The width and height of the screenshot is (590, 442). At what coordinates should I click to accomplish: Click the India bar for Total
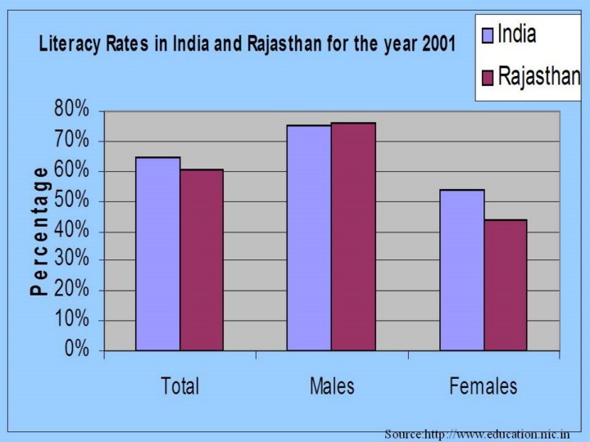(x=157, y=254)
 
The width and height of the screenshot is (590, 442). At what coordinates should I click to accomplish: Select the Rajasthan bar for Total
(x=202, y=260)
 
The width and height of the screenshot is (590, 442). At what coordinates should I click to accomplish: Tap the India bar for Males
(x=309, y=238)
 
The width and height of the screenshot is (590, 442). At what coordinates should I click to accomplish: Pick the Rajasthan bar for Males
(x=353, y=237)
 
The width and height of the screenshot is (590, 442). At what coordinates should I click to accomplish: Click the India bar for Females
(x=462, y=270)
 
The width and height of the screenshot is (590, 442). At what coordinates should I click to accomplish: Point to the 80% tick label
(x=71, y=110)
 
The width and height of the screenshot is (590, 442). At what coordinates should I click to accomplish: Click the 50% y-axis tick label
(x=71, y=201)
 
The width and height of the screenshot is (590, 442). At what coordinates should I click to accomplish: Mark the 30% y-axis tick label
(x=71, y=260)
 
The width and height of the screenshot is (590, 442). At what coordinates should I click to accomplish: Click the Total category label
(x=180, y=386)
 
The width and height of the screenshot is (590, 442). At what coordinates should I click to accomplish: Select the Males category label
(x=332, y=386)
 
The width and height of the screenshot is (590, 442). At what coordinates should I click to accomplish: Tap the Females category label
(x=483, y=386)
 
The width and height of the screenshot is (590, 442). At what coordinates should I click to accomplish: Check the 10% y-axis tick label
(x=71, y=320)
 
